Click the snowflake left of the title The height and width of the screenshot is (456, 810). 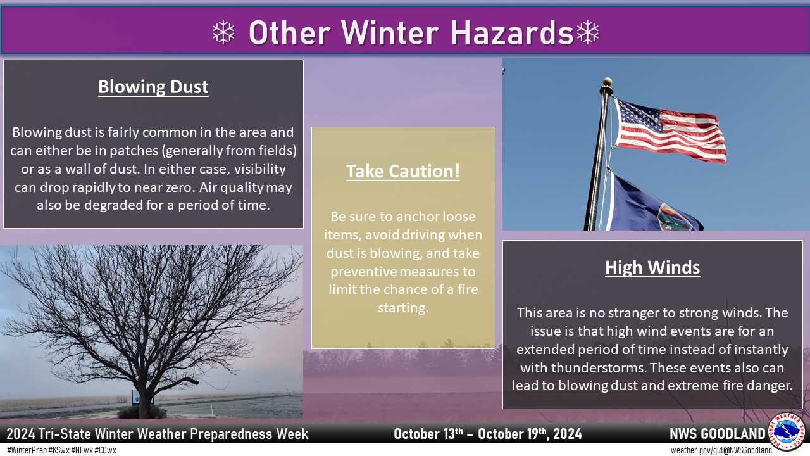click(223, 32)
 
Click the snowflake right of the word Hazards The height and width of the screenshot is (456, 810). click(588, 32)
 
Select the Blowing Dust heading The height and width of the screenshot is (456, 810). click(153, 87)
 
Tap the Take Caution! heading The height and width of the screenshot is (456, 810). click(403, 171)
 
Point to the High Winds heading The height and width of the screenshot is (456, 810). click(652, 267)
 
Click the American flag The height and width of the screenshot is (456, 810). click(669, 130)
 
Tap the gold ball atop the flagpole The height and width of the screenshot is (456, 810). click(607, 82)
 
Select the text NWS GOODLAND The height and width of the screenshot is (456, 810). click(718, 434)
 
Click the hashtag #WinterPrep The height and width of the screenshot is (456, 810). click(27, 450)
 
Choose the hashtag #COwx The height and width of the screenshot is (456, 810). click(105, 450)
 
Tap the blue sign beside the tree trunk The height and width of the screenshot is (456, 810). click(137, 399)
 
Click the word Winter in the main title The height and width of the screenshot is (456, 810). click(390, 32)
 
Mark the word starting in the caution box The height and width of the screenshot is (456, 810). click(403, 308)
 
